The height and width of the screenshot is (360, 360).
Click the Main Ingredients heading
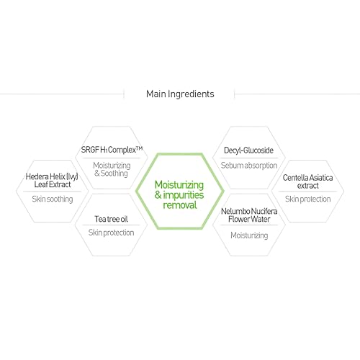[x=180, y=94]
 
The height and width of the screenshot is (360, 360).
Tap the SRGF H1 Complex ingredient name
[x=112, y=150]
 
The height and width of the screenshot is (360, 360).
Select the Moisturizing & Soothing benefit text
[x=112, y=169]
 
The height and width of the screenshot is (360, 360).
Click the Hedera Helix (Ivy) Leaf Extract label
[x=52, y=181]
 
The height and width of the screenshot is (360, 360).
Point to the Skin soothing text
[x=53, y=199]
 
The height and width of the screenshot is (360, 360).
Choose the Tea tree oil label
[x=111, y=219]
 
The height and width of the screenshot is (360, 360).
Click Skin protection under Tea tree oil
[x=111, y=233]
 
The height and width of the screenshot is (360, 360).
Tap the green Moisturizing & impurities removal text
[x=179, y=195]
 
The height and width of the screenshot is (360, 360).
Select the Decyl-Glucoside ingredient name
[x=248, y=150]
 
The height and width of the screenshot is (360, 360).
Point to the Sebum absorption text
[x=249, y=166]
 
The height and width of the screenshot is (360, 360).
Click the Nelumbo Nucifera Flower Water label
[x=249, y=215]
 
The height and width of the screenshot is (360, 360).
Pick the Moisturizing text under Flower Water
[x=249, y=235]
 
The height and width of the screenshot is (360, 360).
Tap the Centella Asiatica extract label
[x=307, y=181]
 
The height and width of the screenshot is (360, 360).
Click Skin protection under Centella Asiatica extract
[x=307, y=199]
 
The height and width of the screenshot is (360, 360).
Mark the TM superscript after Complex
[x=140, y=148]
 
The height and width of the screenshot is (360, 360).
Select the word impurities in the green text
[x=184, y=195]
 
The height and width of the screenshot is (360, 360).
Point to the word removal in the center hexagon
[x=180, y=205]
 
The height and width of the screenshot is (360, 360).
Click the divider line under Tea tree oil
[x=111, y=225]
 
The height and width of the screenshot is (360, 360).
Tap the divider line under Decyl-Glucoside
[x=249, y=158]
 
